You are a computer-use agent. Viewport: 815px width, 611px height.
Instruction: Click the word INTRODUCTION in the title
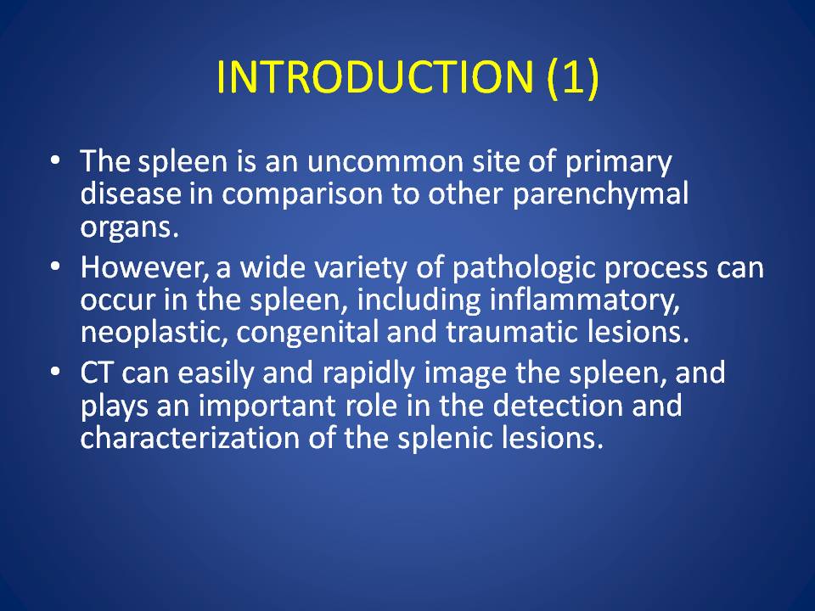click(374, 76)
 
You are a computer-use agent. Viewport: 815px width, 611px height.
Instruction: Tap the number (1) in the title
click(573, 77)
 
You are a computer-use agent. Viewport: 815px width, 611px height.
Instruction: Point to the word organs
click(129, 228)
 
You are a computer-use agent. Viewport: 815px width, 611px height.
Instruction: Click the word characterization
click(190, 438)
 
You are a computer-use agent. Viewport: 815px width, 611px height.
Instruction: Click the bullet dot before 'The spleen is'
click(56, 160)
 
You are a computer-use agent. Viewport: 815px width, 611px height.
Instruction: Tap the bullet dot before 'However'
click(56, 266)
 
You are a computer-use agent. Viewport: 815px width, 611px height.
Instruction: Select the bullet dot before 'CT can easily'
click(56, 372)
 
